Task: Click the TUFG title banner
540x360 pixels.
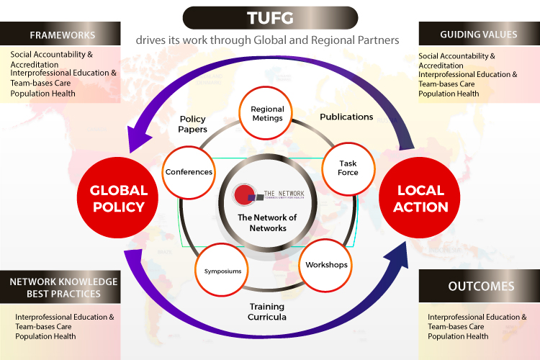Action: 269,17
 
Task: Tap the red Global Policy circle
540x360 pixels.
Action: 119,198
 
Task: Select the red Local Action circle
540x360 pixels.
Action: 422,198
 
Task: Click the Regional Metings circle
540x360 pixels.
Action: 267,114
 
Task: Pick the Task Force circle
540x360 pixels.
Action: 348,168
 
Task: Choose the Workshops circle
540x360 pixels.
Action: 326,264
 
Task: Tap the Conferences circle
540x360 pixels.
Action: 189,172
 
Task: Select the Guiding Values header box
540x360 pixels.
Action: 480,35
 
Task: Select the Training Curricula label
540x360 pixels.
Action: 267,311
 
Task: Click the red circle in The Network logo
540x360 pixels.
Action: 243,194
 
